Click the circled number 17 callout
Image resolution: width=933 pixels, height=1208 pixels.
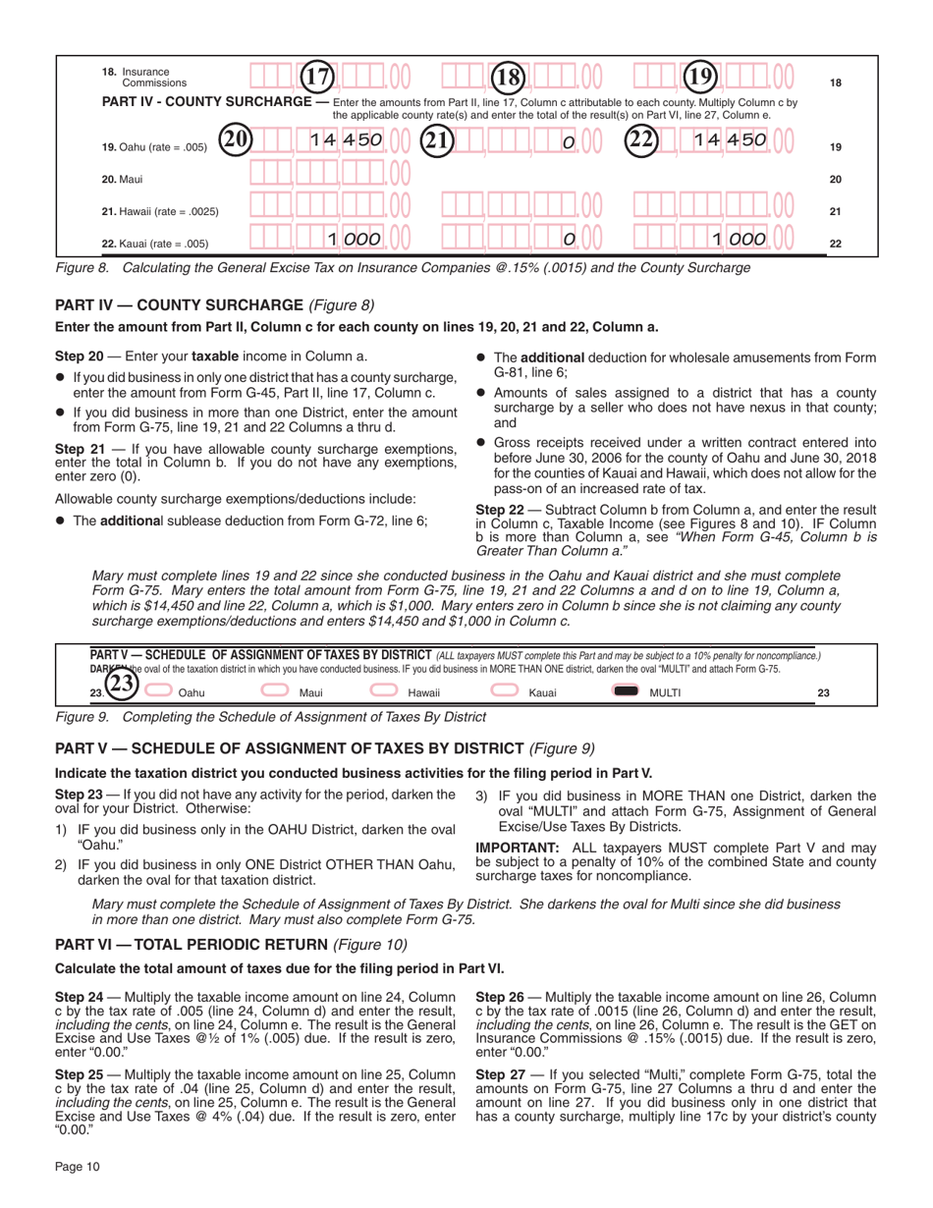click(x=318, y=76)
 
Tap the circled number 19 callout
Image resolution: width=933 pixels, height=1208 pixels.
click(x=700, y=76)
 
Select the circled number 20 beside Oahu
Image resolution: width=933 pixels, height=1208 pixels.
click(x=235, y=139)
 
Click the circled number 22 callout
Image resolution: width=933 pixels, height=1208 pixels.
click(x=640, y=139)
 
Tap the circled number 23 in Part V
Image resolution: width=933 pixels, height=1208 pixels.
click(x=120, y=685)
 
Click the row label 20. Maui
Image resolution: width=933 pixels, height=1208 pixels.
click(x=118, y=179)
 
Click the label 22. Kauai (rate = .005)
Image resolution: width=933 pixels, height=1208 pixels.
click(x=155, y=243)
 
